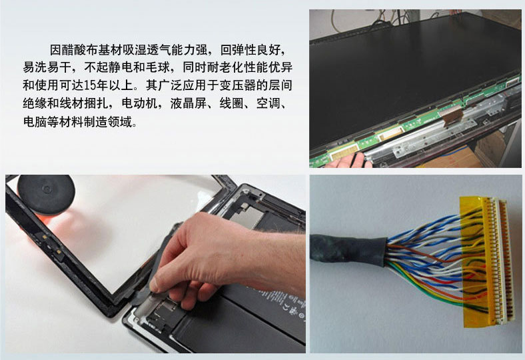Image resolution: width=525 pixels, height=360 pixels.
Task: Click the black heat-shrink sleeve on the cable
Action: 348,249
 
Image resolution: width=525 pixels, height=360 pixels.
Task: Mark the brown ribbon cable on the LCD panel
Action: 451,115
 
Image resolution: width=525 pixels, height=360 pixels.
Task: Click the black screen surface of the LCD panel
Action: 402,74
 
